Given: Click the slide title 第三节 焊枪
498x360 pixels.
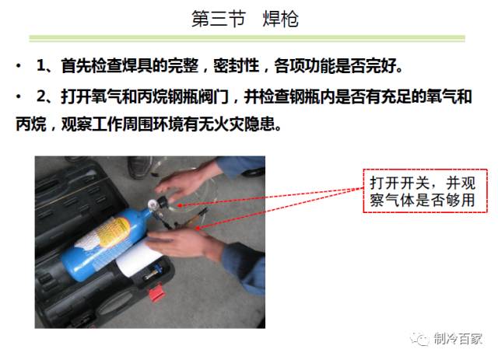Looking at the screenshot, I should [244, 19].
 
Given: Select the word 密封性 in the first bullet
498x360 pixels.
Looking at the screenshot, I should [244, 65].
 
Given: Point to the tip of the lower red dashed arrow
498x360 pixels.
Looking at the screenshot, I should [198, 229].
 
